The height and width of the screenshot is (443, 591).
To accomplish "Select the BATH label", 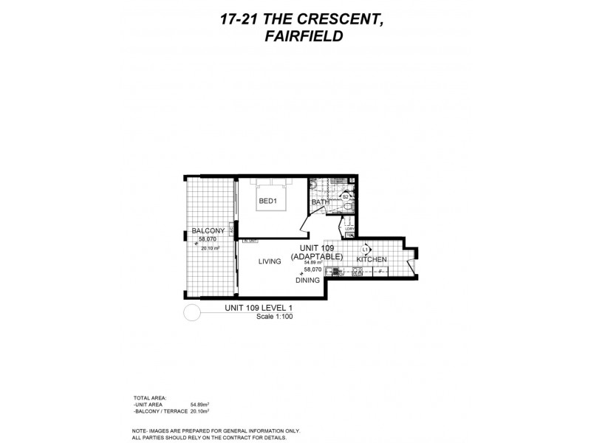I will (320, 202).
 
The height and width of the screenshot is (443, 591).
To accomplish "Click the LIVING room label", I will (272, 261).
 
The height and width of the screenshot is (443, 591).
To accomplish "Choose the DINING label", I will (307, 281).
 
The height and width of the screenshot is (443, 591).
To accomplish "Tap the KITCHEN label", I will (372, 260).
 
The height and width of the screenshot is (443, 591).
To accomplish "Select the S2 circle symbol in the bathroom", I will (345, 196).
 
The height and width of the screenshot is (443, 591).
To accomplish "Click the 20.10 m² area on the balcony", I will (211, 248).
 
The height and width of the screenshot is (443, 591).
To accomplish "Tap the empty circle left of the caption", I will (191, 314).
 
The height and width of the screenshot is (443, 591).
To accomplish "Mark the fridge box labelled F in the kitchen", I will (380, 272).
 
